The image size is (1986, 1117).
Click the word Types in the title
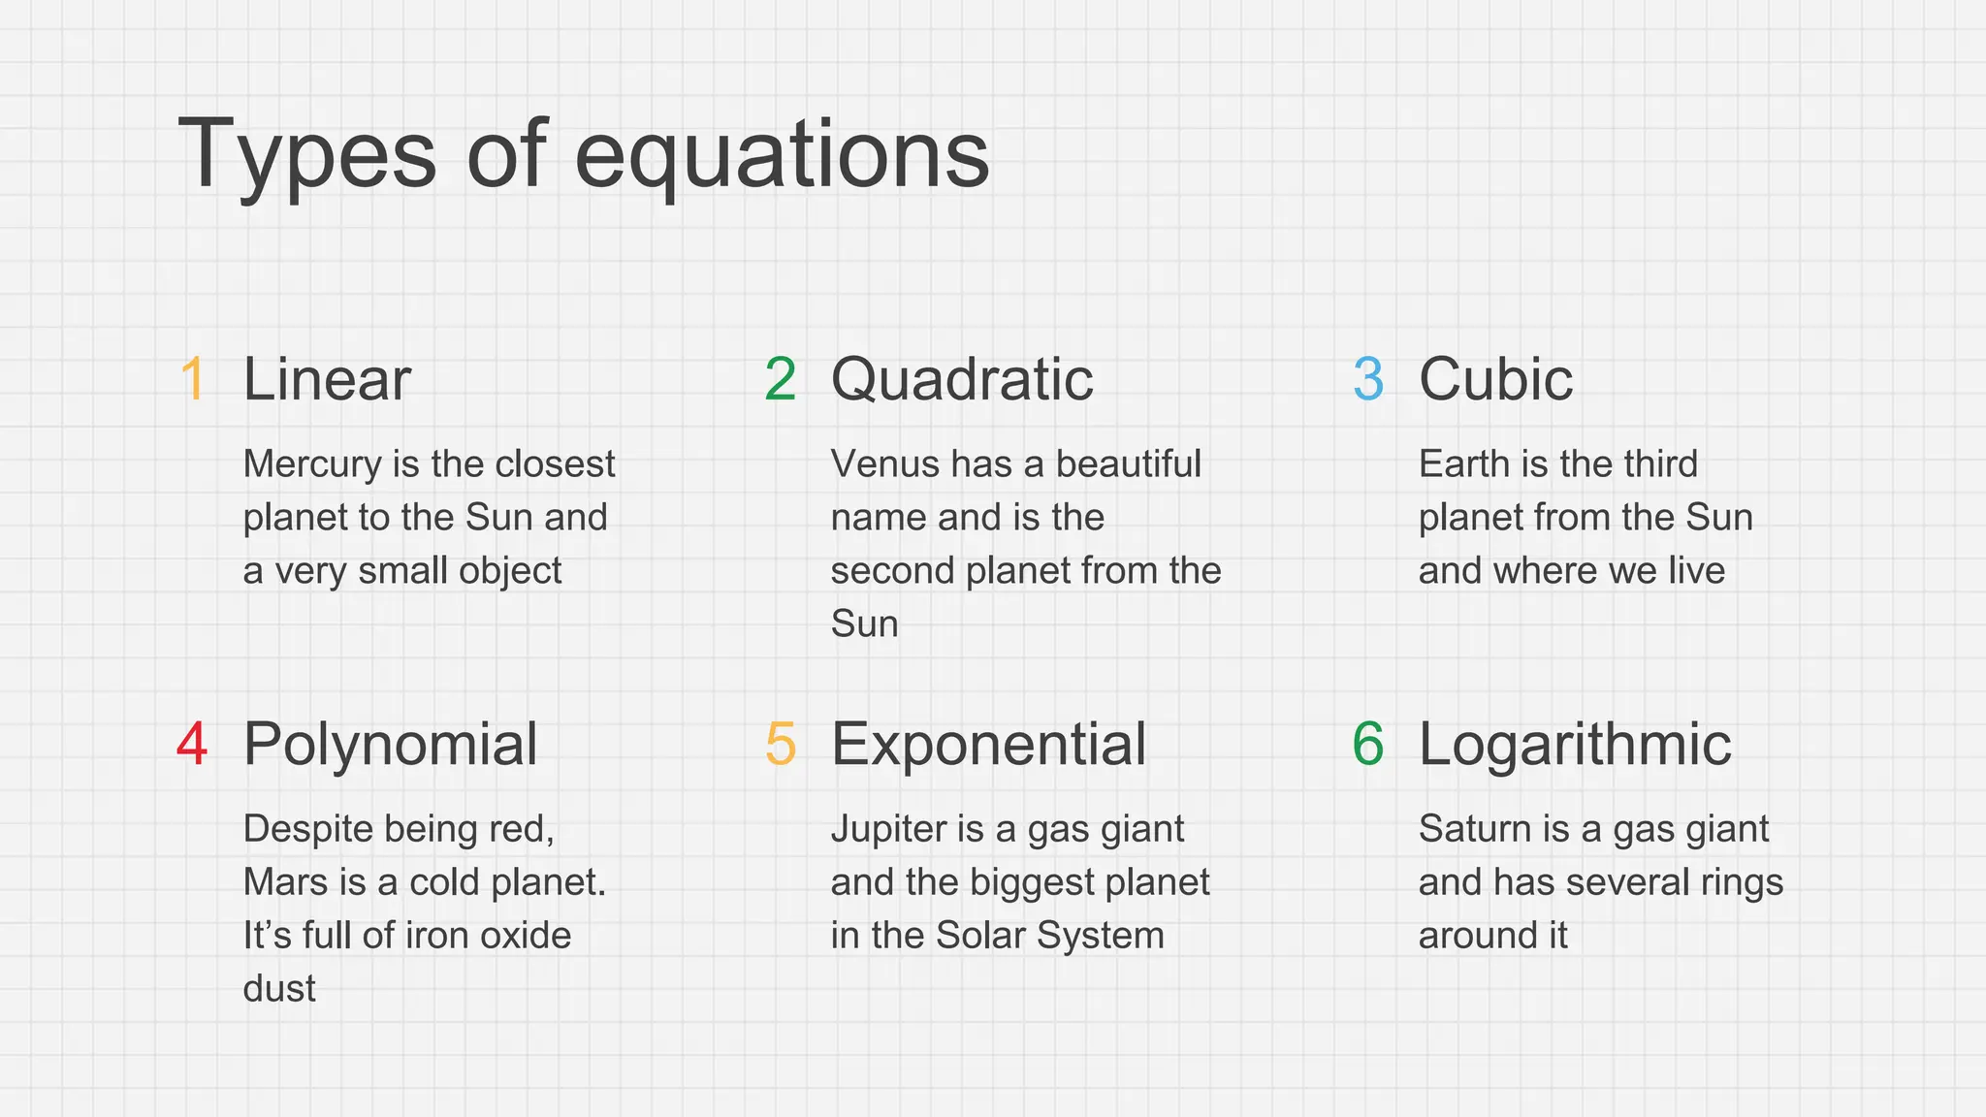(x=306, y=155)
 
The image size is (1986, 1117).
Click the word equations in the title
(x=782, y=155)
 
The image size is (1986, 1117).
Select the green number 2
(x=781, y=378)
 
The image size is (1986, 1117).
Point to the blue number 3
(x=1368, y=378)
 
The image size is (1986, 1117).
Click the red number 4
(x=192, y=744)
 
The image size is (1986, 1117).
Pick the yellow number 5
(x=781, y=744)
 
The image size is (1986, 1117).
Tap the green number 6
(x=1368, y=744)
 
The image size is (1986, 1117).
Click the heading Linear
(x=327, y=378)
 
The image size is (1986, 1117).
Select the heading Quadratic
(x=962, y=378)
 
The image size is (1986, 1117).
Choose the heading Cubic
(x=1495, y=378)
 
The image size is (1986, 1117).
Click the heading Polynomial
(x=390, y=744)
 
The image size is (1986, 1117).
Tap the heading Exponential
(x=988, y=744)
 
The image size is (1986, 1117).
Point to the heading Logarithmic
(x=1575, y=744)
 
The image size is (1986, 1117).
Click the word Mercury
(x=311, y=464)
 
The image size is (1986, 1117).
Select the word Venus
(x=884, y=463)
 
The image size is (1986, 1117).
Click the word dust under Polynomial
(x=279, y=988)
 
